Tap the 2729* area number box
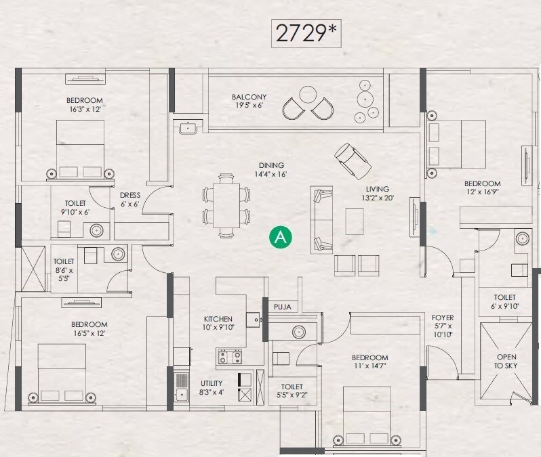(x=304, y=32)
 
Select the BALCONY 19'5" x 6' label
(x=249, y=101)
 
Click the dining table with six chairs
(x=226, y=205)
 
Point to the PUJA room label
(x=283, y=307)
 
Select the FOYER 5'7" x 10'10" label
(x=443, y=326)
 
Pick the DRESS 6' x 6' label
(x=130, y=200)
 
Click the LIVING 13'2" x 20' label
(x=378, y=194)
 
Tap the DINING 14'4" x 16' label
(x=270, y=169)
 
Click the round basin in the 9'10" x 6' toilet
(x=96, y=230)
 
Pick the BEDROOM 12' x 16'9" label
(x=482, y=188)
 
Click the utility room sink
(x=181, y=393)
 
